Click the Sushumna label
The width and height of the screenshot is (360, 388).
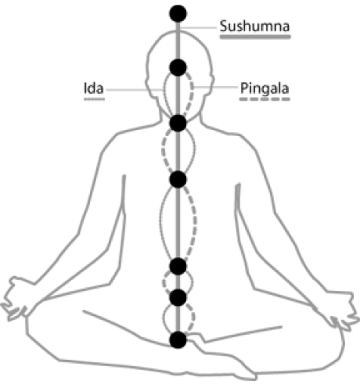coord(254,27)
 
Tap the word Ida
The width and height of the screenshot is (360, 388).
coord(93,88)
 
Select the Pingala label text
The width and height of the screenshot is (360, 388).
coord(265,88)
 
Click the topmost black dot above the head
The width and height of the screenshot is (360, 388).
coord(178,13)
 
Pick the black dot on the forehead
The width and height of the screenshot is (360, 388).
coord(178,67)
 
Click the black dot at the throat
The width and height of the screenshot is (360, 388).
coord(178,123)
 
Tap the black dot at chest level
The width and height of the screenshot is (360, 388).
coord(178,179)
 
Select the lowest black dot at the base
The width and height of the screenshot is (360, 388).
coord(178,339)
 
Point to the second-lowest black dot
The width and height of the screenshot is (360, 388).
coord(178,297)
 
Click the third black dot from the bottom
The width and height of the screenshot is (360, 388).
coord(178,266)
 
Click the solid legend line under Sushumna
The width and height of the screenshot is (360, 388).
coord(255,37)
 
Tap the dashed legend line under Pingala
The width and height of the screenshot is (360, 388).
coord(265,99)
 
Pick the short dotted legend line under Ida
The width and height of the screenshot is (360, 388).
coord(94,99)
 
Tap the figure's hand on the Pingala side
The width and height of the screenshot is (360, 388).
coord(343,311)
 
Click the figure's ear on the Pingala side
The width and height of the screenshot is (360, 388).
coord(211,84)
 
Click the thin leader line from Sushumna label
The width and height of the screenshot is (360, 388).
coord(198,27)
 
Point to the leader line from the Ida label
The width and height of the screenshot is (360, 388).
coord(135,90)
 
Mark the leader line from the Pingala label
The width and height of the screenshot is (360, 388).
coord(215,87)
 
